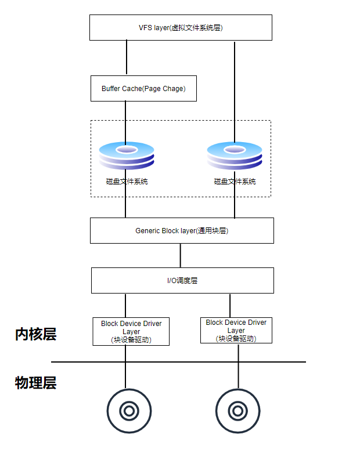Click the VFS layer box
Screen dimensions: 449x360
[x=181, y=27]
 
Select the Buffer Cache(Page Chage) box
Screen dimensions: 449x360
[x=143, y=88]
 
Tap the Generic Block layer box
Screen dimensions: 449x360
[x=182, y=230]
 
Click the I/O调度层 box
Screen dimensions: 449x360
[x=182, y=280]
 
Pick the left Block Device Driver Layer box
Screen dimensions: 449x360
[x=131, y=331]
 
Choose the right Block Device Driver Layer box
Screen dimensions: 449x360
[x=236, y=330]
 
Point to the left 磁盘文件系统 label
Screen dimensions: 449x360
[x=127, y=182]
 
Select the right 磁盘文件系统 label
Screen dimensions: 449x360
[x=235, y=182]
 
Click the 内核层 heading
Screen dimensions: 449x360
[x=35, y=334]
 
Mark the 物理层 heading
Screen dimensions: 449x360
[x=35, y=383]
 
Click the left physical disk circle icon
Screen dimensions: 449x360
[x=129, y=411]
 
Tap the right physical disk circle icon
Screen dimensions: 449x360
[x=237, y=411]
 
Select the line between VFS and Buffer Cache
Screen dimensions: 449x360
[x=127, y=58]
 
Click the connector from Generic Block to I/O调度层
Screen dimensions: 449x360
[x=180, y=255]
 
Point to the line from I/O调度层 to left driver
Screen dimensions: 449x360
[x=125, y=305]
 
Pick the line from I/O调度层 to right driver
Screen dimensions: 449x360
[x=230, y=305]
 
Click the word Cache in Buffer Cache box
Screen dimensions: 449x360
[x=131, y=89]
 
